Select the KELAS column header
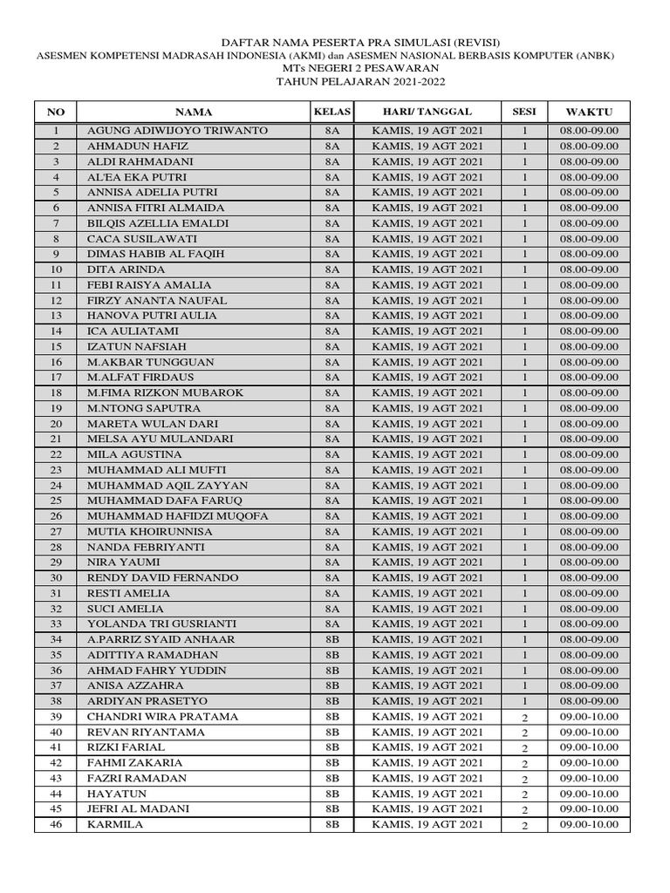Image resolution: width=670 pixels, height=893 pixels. coord(332,112)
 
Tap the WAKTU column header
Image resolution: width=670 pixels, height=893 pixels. coord(589,112)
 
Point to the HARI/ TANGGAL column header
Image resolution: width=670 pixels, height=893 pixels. coord(427,112)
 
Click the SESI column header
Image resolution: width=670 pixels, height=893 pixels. coord(524,112)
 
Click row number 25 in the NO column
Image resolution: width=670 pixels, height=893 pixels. coord(56,501)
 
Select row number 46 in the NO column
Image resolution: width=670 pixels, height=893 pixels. coord(56,825)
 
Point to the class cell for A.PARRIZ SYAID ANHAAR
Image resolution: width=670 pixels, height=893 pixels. coord(332,639)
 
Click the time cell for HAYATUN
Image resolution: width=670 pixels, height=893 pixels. coord(589,794)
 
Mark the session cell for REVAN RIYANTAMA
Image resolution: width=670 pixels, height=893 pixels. coord(524,733)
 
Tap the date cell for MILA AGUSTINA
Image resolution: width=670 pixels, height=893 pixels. coord(427,454)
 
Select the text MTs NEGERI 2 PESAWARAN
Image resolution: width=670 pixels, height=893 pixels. coord(335,68)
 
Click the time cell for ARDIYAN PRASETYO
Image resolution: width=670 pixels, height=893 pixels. coord(589,701)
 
